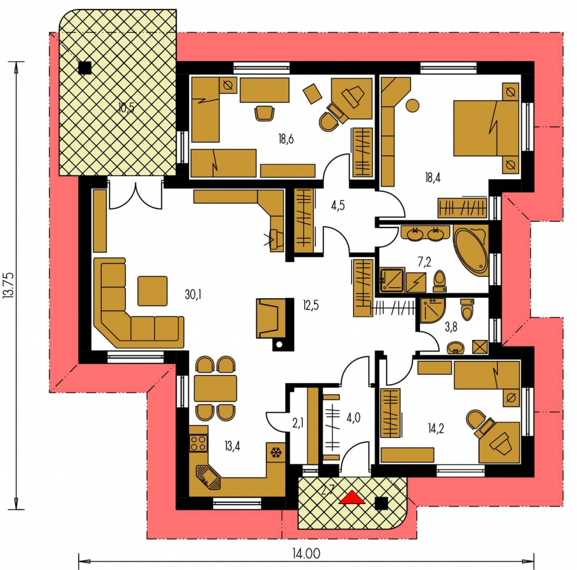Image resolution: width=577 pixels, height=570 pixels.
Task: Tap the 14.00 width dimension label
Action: click(306, 553)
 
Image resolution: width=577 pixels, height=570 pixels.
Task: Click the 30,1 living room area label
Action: click(193, 294)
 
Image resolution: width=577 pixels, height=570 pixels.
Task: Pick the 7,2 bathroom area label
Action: click(424, 262)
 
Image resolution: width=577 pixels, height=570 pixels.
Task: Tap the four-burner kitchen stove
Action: click(199, 443)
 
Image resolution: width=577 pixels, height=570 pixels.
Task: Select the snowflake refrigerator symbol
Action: click(276, 452)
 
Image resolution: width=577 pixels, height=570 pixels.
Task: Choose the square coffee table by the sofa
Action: click(152, 291)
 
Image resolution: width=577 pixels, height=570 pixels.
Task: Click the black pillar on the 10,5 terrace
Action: click(85, 67)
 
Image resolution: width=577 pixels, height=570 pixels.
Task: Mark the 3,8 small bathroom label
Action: click(450, 326)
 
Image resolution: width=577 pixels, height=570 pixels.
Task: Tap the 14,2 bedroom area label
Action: click(436, 428)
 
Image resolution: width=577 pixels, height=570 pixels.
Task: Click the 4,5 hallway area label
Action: click(338, 206)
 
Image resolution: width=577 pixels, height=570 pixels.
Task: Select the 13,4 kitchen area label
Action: click(232, 446)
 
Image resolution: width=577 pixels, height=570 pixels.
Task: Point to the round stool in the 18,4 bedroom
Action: click(413, 106)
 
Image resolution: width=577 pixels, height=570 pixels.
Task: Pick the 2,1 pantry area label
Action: click(298, 424)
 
